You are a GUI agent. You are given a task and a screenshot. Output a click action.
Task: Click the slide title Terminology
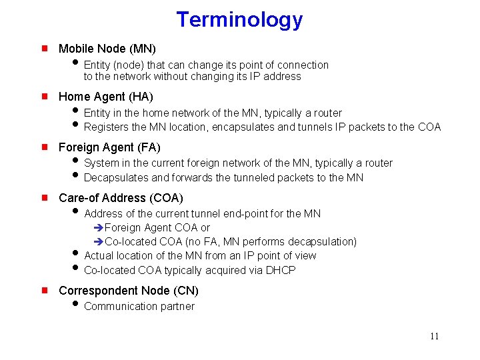coord(239,20)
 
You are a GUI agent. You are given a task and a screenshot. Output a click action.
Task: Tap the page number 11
coord(434,336)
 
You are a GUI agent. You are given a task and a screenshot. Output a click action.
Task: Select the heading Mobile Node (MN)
coord(107,49)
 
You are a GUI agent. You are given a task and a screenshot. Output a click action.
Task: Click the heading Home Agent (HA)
coord(106,97)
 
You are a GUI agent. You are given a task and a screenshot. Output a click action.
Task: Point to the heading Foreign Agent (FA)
coord(109,147)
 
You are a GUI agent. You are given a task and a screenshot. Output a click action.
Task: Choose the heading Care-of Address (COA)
coord(121,198)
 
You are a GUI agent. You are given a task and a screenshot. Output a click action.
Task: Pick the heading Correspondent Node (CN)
coord(129,291)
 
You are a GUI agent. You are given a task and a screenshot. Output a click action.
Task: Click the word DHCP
coord(281,270)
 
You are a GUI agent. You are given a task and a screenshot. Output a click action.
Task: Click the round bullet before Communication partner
coord(75,307)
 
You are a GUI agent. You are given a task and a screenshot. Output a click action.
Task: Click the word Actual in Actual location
coord(99,256)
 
